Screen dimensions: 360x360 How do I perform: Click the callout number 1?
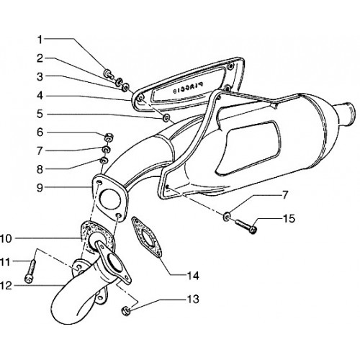[x=40, y=40]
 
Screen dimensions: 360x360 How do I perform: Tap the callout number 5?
[x=40, y=114]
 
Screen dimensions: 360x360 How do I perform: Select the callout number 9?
[x=40, y=188]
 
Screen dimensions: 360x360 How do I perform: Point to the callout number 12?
[x=6, y=286]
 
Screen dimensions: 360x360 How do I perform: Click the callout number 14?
[x=193, y=276]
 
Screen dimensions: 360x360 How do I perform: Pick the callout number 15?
[x=289, y=219]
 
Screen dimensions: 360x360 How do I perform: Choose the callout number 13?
[x=193, y=300]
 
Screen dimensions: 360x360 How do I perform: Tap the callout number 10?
[x=6, y=239]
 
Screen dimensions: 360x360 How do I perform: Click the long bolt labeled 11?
[x=30, y=271]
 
